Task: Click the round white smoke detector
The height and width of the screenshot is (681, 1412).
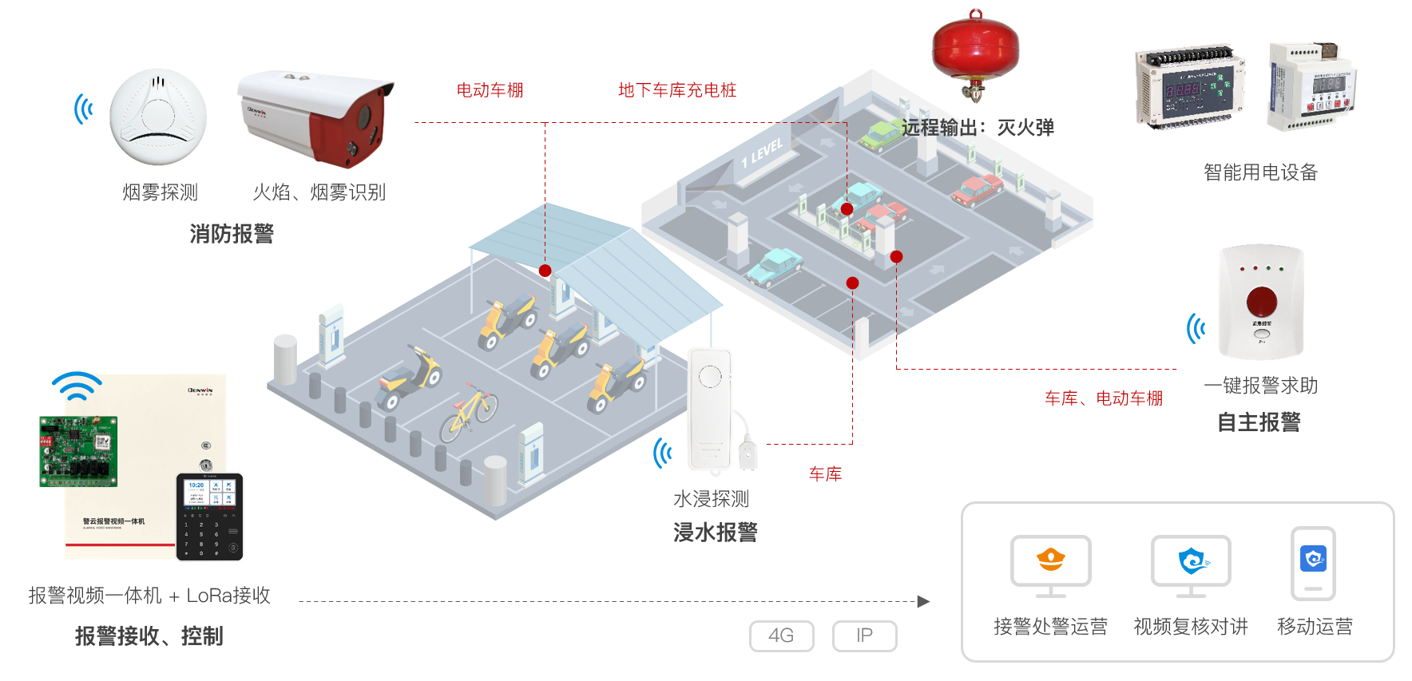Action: click(158, 117)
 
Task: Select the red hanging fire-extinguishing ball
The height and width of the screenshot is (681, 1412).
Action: click(975, 49)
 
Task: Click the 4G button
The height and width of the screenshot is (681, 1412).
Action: click(781, 635)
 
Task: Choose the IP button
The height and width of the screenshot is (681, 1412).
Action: click(864, 635)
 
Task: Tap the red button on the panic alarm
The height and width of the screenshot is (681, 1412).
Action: click(1261, 301)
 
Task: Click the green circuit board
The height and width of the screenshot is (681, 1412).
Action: click(78, 450)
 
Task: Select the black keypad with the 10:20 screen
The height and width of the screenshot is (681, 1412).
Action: click(209, 517)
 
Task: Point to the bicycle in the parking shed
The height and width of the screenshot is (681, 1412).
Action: click(469, 413)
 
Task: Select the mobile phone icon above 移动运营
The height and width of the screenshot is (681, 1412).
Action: click(1313, 563)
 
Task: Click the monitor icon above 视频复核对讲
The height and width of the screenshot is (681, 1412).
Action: click(1191, 563)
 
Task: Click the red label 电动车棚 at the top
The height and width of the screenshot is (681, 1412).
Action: click(490, 90)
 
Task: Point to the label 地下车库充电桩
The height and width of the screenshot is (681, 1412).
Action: click(676, 90)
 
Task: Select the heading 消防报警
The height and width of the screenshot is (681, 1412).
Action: click(232, 234)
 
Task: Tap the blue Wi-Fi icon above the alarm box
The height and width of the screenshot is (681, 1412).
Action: click(77, 386)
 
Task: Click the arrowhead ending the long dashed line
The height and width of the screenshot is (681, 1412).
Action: click(924, 601)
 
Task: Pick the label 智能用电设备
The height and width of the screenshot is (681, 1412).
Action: click(1260, 172)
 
